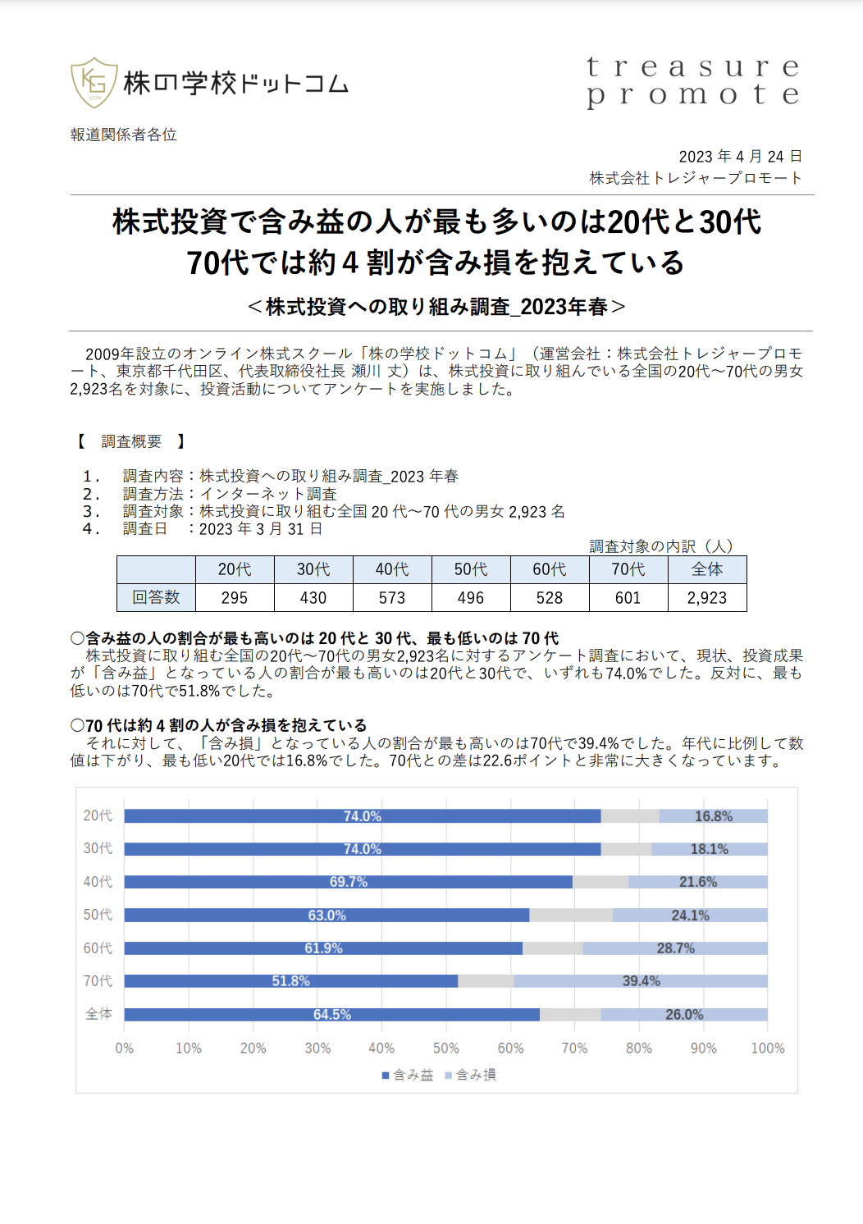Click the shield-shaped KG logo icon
[94, 83]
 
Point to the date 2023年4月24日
[740, 157]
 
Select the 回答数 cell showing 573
[392, 597]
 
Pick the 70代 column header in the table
[628, 569]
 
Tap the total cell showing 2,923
[706, 597]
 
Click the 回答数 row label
[156, 597]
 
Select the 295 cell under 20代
[235, 597]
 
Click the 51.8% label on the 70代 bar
[290, 981]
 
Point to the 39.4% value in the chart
[642, 981]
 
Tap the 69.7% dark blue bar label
[348, 882]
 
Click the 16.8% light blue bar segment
[713, 815]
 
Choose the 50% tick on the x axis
[446, 1048]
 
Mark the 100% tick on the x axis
[767, 1048]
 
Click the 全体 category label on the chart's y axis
[98, 1014]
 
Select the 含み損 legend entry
[471, 1075]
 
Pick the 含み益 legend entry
[408, 1075]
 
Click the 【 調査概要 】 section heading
[130, 441]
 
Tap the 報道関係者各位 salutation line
[124, 135]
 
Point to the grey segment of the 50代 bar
[571, 915]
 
